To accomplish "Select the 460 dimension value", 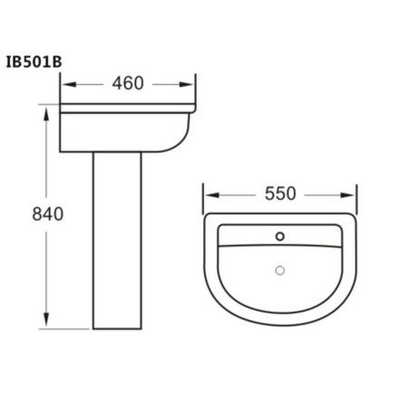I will (x=128, y=83).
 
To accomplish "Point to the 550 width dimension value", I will (x=280, y=194).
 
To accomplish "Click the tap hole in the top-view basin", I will (x=280, y=238).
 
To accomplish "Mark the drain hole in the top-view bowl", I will (x=280, y=269).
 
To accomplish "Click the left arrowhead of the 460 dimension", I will (x=66, y=83).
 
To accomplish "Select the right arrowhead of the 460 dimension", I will (x=191, y=83).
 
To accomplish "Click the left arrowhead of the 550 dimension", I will (x=209, y=194).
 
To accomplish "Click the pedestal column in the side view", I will (x=119, y=245).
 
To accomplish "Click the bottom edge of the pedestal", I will (x=119, y=327).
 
